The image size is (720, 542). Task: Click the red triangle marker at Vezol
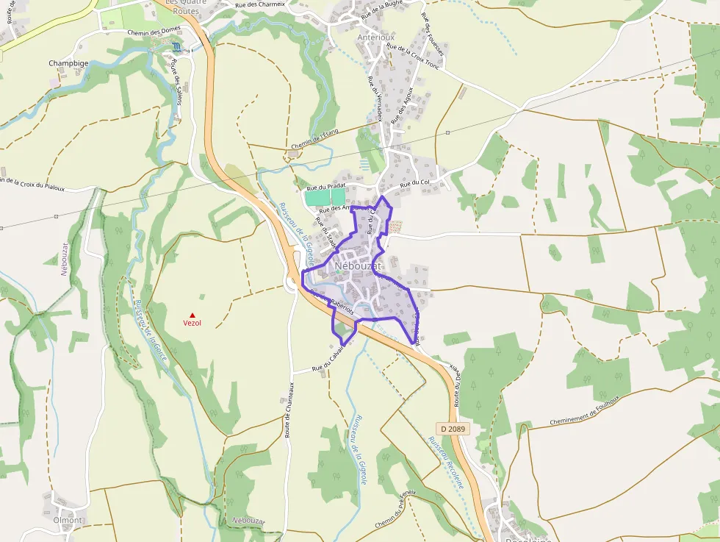click(x=192, y=315)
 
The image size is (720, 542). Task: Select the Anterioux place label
click(x=375, y=37)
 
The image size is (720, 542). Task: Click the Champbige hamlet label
click(x=68, y=63)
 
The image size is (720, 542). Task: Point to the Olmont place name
click(x=68, y=520)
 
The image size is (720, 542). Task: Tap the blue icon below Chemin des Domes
click(x=176, y=47)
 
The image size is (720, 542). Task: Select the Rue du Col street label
click(x=415, y=182)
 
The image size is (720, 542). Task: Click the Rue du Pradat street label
click(x=325, y=188)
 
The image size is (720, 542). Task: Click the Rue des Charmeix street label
click(x=259, y=4)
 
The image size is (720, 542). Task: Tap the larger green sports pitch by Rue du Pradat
click(x=317, y=197)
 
